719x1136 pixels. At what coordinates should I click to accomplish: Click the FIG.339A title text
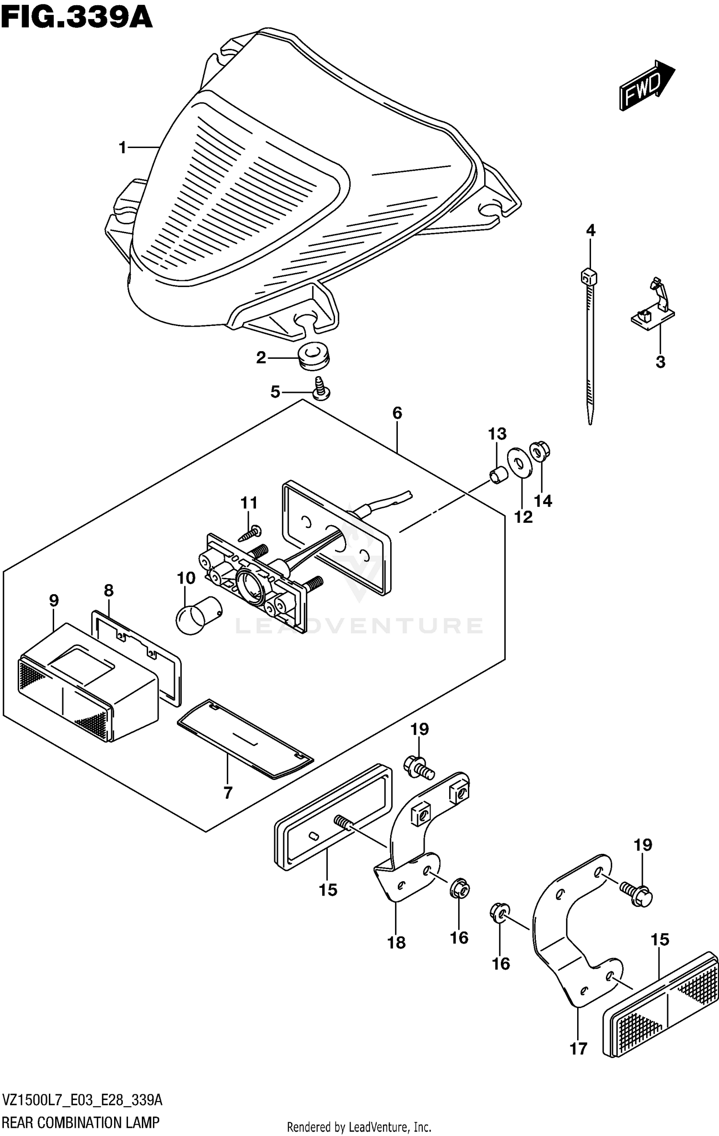coord(77,18)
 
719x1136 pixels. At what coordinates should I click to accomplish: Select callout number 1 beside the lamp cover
coord(123,148)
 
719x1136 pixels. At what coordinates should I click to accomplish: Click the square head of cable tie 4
coord(589,277)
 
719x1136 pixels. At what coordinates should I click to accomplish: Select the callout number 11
coord(249,503)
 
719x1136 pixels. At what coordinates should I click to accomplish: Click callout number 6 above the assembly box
coord(397,413)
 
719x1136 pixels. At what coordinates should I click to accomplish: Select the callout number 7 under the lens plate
coord(228,793)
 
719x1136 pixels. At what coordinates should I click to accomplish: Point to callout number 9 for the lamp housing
coord(54,600)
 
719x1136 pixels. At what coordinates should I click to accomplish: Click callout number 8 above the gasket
coord(109,590)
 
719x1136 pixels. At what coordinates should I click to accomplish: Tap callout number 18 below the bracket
coord(396,942)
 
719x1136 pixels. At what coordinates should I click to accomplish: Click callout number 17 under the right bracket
coord(578,1048)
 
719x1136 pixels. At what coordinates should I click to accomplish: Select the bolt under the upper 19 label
coord(419,766)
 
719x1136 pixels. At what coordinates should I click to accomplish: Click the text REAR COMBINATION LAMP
coord(81,1123)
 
